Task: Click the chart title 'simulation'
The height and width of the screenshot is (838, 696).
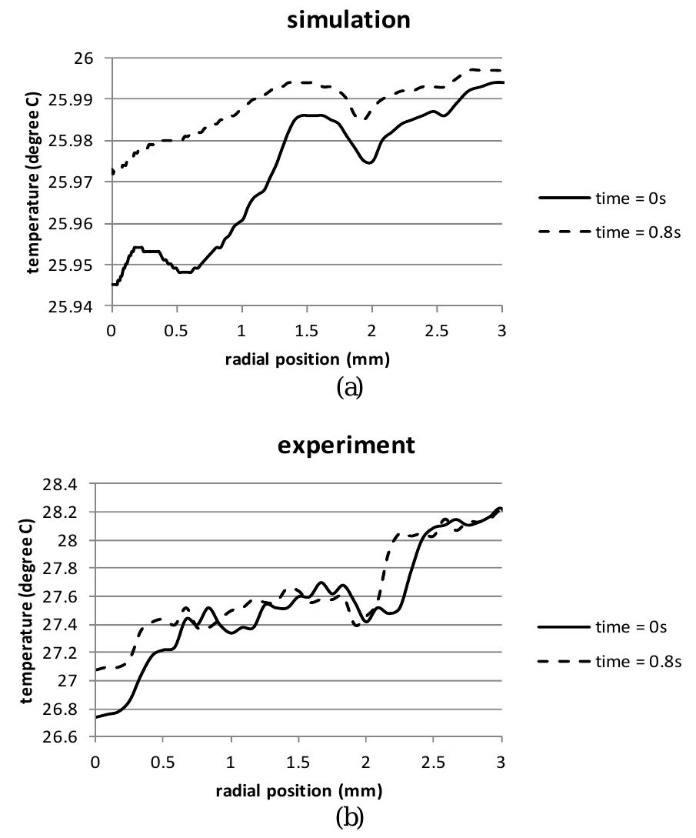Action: pyautogui.click(x=348, y=20)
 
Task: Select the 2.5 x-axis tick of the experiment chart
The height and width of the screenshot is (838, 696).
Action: pyautogui.click(x=434, y=760)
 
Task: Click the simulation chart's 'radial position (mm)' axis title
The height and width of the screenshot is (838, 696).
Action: pyautogui.click(x=307, y=359)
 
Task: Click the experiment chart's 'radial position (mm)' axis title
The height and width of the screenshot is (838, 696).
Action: pyautogui.click(x=298, y=790)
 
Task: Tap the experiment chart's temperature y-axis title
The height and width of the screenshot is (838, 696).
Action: pyautogui.click(x=27, y=610)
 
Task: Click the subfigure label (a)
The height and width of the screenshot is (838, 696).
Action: pyautogui.click(x=349, y=387)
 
